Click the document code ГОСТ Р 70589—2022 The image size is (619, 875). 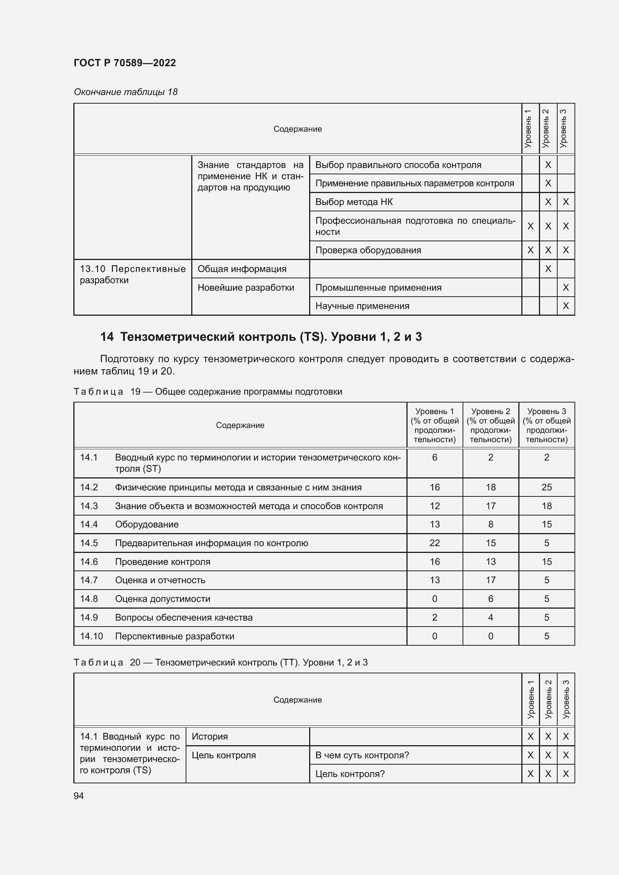[125, 63]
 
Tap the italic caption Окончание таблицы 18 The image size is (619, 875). [125, 92]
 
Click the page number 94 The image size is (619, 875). [79, 796]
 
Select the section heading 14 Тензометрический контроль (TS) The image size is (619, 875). [261, 337]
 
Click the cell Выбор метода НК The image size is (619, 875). [354, 202]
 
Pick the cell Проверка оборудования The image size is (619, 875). [368, 250]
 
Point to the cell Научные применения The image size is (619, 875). [362, 306]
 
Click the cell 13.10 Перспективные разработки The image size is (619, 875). [132, 274]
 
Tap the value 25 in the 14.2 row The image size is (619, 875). [546, 487]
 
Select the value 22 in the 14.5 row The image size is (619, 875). [434, 543]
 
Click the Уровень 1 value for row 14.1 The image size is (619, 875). [434, 457]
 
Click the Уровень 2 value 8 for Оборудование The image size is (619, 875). [491, 524]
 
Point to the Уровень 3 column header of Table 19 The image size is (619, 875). [546, 425]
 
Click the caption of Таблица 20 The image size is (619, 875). [220, 663]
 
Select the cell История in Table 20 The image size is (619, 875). [210, 736]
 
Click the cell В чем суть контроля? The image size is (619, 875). [362, 755]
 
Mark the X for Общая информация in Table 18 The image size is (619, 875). [548, 269]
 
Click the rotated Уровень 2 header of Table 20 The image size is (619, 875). [548, 699]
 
